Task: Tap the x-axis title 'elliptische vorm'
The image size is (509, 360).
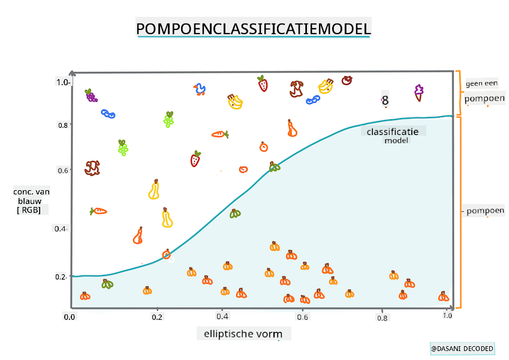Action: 243,334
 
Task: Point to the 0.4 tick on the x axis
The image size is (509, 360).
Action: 222,316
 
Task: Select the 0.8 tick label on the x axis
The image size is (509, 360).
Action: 382,318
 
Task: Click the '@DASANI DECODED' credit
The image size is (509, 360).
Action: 462,349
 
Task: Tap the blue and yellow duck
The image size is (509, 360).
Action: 200,89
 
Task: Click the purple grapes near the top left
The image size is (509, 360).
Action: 91,95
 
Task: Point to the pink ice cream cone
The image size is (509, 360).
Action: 418,92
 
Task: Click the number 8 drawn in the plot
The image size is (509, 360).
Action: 385,101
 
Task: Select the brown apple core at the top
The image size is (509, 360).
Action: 296,89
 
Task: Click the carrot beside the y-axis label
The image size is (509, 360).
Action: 98,211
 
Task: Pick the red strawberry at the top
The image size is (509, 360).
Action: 263,83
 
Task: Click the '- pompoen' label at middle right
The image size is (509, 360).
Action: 483,211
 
